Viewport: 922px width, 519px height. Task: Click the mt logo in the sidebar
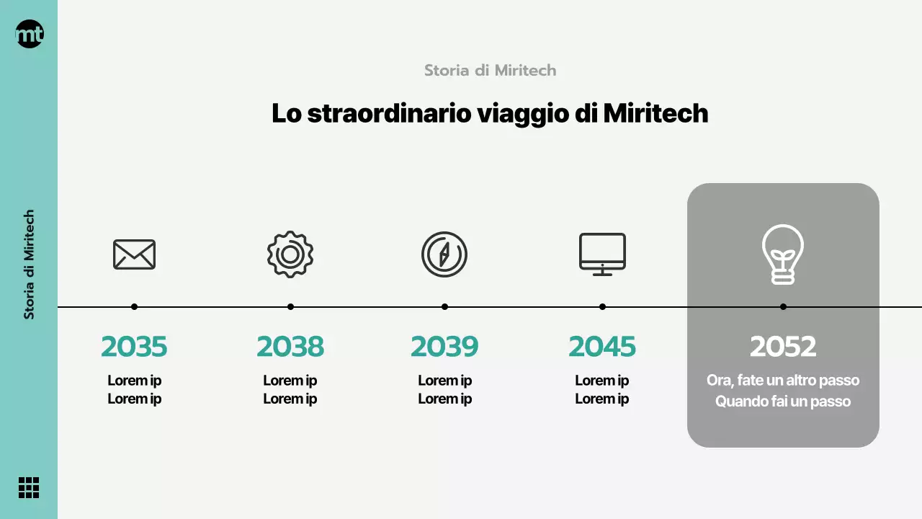click(30, 34)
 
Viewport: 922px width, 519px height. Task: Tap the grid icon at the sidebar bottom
click(29, 487)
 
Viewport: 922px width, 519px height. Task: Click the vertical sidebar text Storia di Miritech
click(29, 265)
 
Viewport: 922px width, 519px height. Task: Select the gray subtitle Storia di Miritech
click(490, 71)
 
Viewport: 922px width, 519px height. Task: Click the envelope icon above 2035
click(134, 254)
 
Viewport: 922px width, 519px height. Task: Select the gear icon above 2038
click(290, 254)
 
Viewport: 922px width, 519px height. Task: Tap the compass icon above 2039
click(444, 254)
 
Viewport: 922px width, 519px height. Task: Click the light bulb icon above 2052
click(783, 254)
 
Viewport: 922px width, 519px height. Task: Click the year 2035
click(134, 347)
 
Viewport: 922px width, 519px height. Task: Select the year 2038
click(290, 347)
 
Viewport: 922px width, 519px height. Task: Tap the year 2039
click(444, 347)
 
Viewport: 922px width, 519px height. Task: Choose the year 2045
click(602, 347)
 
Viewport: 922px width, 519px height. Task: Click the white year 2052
click(783, 347)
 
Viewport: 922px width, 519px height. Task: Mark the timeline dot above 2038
click(290, 307)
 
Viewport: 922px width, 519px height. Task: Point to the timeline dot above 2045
click(602, 307)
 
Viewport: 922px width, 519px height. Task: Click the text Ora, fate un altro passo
click(783, 381)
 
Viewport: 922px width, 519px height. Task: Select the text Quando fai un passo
click(783, 402)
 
